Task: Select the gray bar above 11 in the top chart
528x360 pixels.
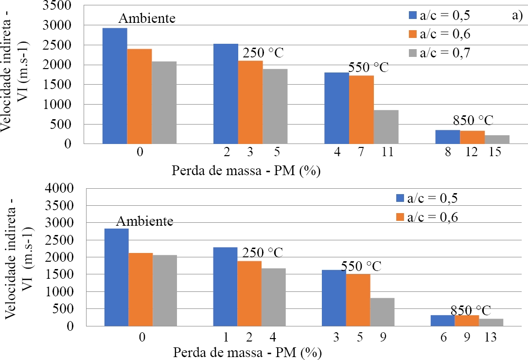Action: point(386,127)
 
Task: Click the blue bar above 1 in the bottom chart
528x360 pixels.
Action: point(225,287)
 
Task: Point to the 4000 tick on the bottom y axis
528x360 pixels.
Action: point(62,188)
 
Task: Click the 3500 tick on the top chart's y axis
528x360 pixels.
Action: point(57,5)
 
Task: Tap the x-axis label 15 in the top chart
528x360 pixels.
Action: point(495,153)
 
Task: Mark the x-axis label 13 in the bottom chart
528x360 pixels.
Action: point(490,336)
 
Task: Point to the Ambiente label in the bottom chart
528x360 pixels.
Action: point(144,221)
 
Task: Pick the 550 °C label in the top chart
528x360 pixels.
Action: point(369,67)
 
